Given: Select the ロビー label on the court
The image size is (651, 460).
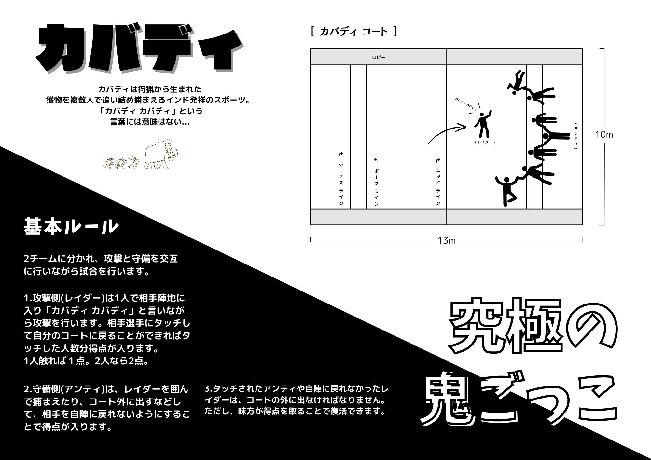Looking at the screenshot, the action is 379,57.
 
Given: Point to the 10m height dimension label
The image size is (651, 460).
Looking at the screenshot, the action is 604,134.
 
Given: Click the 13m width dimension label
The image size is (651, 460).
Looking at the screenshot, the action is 447,241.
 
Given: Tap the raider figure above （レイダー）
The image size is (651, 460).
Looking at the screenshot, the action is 483,124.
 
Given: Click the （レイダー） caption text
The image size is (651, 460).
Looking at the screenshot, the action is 485,142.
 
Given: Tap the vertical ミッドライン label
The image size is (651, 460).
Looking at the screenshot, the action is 438,182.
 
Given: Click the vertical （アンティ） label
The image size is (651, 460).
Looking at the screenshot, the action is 576,136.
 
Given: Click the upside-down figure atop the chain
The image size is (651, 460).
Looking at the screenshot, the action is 517,82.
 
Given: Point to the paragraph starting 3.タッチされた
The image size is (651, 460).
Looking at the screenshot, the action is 297,400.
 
